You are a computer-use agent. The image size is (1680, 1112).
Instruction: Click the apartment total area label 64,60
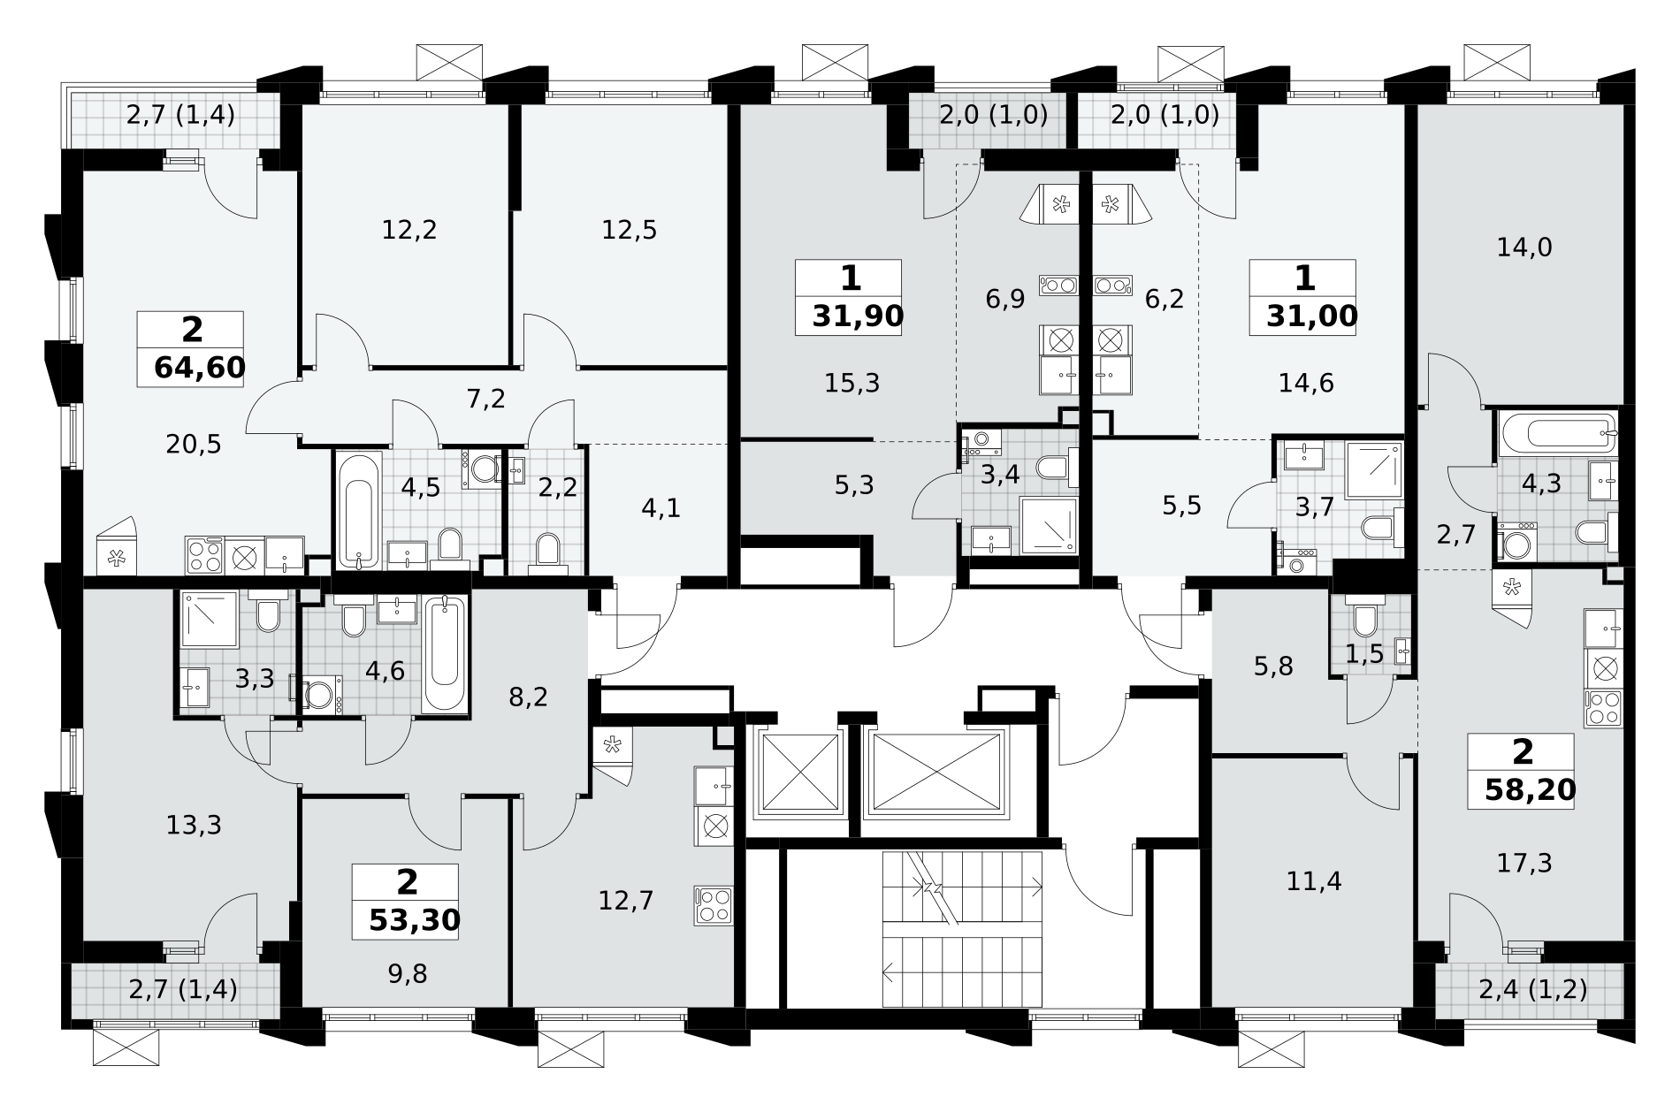coord(199,367)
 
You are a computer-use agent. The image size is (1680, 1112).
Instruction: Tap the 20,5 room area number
coord(194,445)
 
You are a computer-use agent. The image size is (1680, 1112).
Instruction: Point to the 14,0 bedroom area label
coord(1524,247)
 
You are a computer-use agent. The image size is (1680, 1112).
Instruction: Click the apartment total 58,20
coord(1530,789)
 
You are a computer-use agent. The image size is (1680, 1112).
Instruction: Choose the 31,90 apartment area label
coord(858,316)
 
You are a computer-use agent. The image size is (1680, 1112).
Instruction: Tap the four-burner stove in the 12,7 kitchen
coord(714,905)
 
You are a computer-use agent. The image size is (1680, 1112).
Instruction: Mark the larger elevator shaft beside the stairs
coord(934,773)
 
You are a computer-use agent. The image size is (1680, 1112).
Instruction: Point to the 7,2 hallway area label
coord(485,400)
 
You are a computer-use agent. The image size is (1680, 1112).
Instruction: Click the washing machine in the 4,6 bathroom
coord(321,695)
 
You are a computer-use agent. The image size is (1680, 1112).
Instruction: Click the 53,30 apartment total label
coord(415,920)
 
